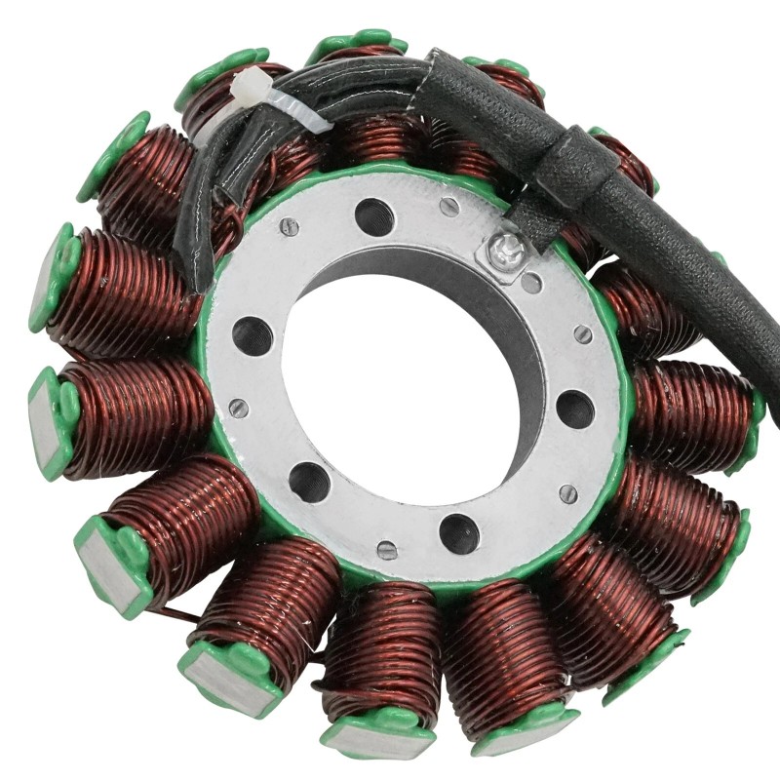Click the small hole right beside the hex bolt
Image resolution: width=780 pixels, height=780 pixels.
click(x=531, y=283)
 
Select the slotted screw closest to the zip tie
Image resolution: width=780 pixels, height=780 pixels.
click(x=289, y=227)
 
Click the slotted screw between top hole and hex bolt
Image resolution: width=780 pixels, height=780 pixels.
click(x=448, y=207)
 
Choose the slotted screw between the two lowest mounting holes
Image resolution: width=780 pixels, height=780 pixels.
click(x=387, y=551)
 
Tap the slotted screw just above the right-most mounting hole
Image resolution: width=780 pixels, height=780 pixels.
click(x=582, y=333)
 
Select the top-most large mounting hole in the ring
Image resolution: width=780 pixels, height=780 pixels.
click(x=375, y=216)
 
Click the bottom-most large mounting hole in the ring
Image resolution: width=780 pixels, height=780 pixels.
click(x=459, y=532)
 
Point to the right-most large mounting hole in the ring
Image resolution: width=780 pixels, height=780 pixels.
click(x=575, y=409)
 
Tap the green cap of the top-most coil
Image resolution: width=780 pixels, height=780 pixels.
click(x=357, y=42)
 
